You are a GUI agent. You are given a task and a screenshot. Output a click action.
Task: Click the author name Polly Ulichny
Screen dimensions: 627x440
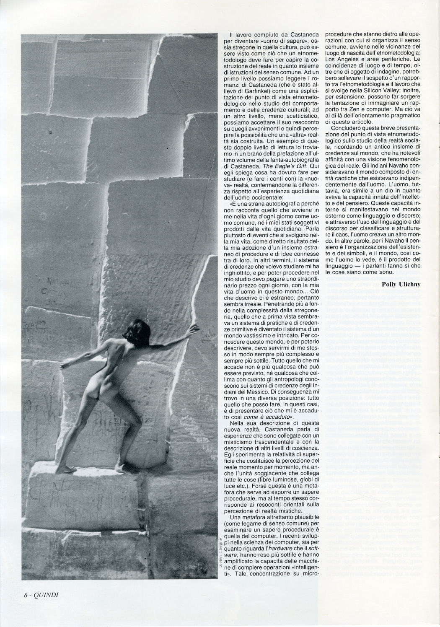click(401, 284)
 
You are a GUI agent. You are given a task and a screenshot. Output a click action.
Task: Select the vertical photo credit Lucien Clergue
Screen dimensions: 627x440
click(220, 557)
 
